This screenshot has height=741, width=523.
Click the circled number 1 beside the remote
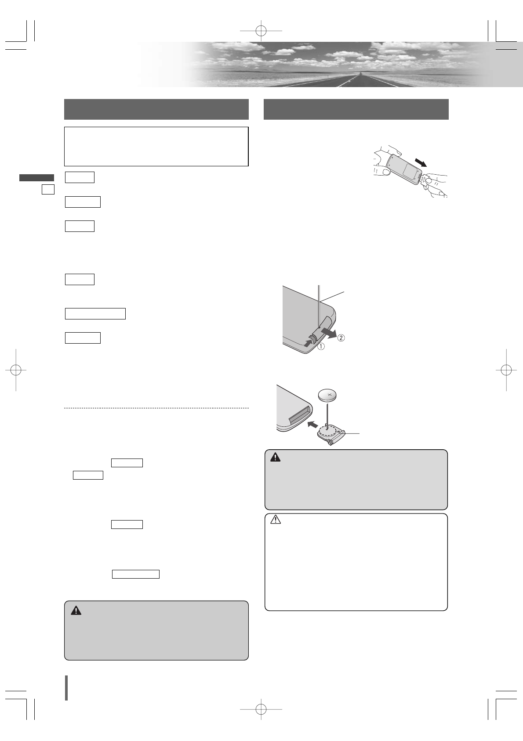(x=322, y=346)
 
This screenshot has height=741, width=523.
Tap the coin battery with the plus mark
(x=328, y=395)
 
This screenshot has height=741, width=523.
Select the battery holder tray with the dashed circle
(x=331, y=434)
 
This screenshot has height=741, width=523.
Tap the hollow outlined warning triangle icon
(x=276, y=520)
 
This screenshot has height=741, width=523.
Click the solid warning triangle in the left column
(x=76, y=610)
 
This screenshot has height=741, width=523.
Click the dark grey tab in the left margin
(x=36, y=178)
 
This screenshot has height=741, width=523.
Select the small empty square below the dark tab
(x=48, y=189)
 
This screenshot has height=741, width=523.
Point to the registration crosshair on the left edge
(x=16, y=370)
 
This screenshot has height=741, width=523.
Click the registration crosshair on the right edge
(x=506, y=370)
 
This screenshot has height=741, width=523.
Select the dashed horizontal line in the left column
(x=156, y=408)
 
